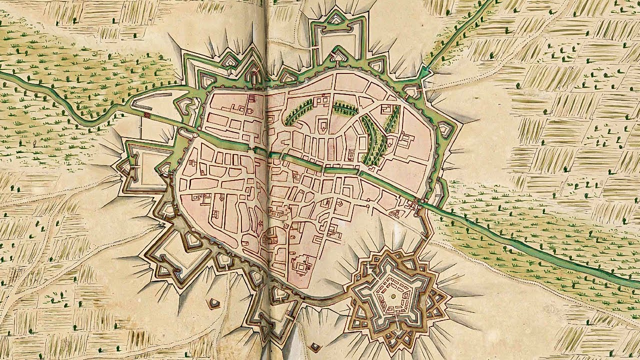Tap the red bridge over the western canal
click(147, 115)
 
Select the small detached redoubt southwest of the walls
click(214, 303)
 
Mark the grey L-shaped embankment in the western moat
click(142, 105)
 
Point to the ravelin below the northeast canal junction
click(412, 91)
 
